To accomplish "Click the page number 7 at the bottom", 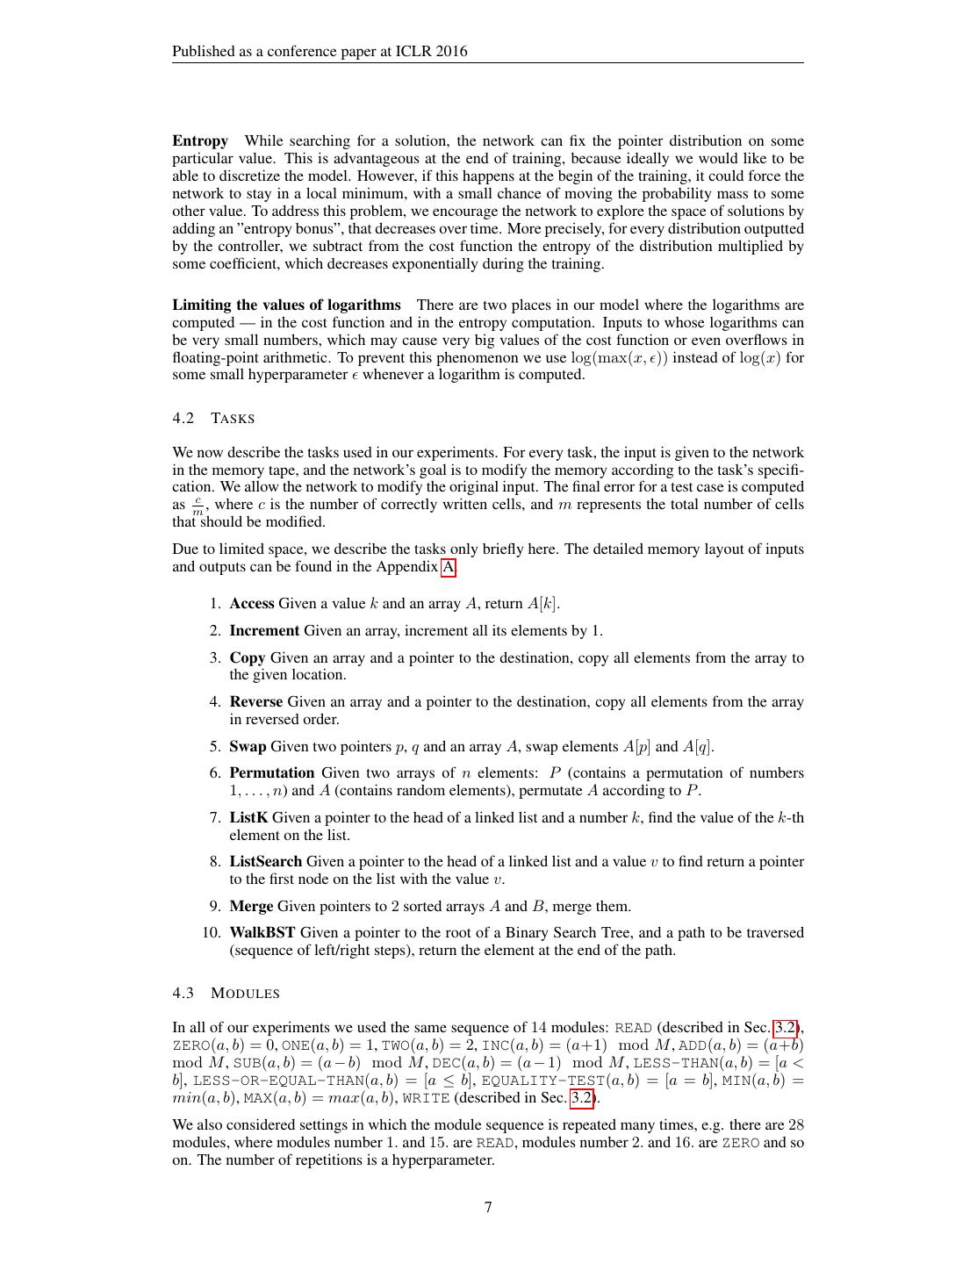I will (488, 1207).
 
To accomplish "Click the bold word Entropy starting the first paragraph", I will (199, 141).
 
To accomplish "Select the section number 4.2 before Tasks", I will (183, 419).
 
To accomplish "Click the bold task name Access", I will (252, 604).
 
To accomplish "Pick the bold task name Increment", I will (264, 631).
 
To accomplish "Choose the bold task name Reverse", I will (256, 702).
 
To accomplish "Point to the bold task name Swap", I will (248, 747).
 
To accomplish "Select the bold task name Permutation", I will (272, 773).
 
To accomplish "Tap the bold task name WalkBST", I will (262, 933).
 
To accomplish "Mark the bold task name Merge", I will (251, 907).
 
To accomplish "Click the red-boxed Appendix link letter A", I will (448, 567).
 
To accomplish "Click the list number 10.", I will (212, 933).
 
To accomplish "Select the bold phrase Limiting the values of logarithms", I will (286, 305).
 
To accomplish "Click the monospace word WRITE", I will (427, 1098).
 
